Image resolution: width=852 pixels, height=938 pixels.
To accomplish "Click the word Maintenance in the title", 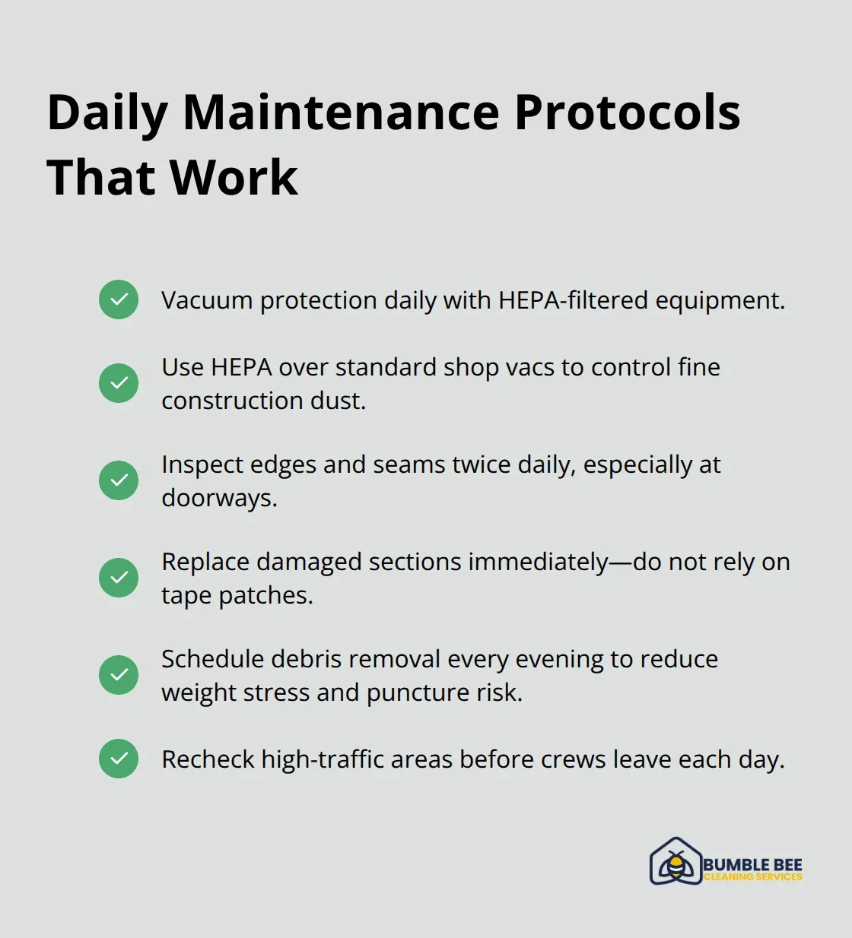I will [342, 112].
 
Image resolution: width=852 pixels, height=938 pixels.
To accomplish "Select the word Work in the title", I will [234, 178].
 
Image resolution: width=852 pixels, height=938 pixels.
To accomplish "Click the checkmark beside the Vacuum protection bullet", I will [119, 299].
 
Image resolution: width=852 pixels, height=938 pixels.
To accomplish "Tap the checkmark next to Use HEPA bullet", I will [119, 382].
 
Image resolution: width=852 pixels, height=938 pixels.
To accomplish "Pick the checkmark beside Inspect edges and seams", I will [119, 480].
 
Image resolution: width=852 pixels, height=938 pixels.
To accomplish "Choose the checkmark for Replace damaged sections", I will [119, 578].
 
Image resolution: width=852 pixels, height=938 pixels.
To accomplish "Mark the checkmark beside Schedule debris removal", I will [119, 675].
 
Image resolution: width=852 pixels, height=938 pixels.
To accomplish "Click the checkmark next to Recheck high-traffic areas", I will [119, 759].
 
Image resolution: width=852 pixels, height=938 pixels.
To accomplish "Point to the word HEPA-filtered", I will [574, 300].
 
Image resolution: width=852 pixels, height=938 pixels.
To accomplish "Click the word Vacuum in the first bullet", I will [207, 300].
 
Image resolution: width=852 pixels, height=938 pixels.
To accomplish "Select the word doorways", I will [219, 498].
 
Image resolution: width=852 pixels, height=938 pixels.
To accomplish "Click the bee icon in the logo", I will [676, 864].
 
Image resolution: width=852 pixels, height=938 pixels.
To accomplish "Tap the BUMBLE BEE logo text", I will [752, 864].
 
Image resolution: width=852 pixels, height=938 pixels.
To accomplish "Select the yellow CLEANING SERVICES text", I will [752, 876].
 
